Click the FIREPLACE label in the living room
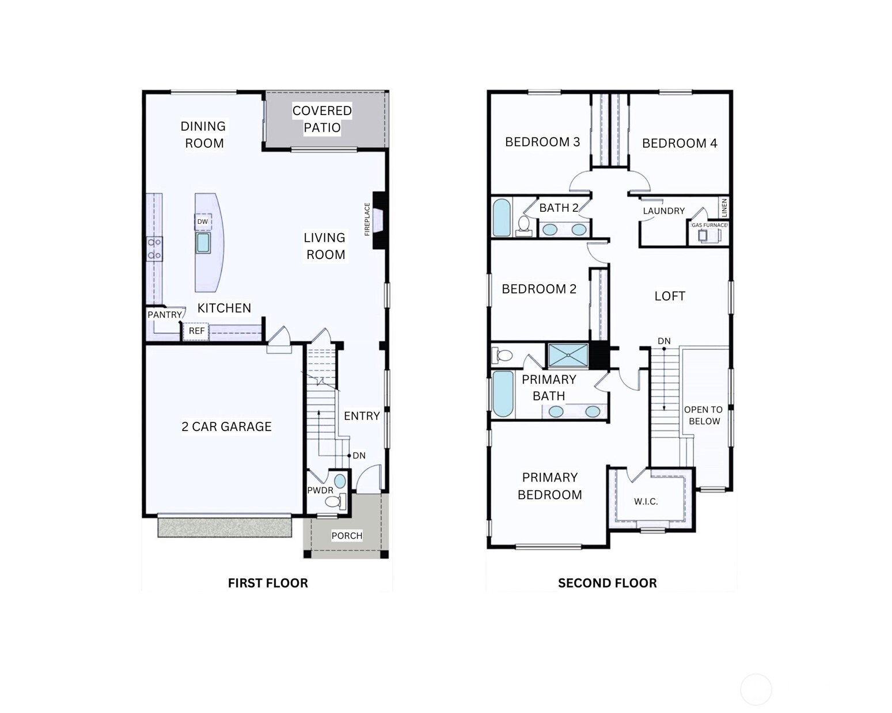[x=367, y=219]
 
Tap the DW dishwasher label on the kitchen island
[x=202, y=222]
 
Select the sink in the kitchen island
[x=203, y=243]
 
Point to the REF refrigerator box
[x=196, y=331]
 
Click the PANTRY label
[x=165, y=314]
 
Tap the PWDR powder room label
[x=320, y=490]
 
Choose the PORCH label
[x=347, y=536]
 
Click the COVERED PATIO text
[x=322, y=119]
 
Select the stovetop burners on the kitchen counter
[x=154, y=249]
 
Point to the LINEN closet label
[x=724, y=208]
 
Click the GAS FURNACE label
[x=709, y=225]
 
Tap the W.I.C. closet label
[x=646, y=502]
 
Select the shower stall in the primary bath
[x=568, y=356]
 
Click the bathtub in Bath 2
[x=502, y=218]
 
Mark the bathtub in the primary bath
[x=503, y=394]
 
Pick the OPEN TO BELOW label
[x=703, y=415]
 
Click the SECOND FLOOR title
[x=608, y=584]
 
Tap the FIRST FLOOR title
[x=268, y=584]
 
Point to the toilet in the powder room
[x=335, y=501]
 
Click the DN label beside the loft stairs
[x=664, y=341]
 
